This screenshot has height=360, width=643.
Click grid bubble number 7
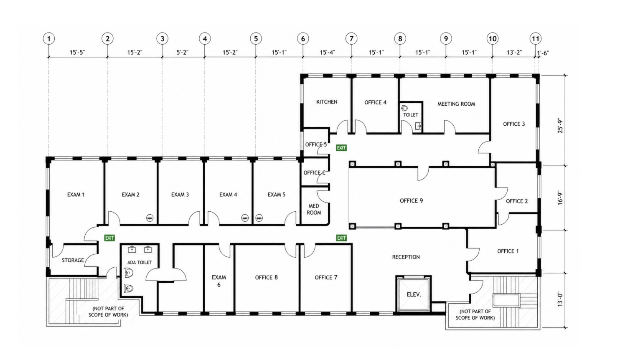click(x=351, y=38)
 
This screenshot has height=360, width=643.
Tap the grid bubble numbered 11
click(x=535, y=38)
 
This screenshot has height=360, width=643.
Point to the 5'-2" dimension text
click(x=182, y=52)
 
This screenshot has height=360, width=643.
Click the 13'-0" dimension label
click(x=560, y=299)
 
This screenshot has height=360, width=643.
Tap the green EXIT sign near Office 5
click(x=341, y=148)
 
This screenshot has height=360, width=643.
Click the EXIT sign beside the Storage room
click(x=109, y=238)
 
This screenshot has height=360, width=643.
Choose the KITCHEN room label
click(x=327, y=102)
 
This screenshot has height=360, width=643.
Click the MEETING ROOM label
click(x=456, y=104)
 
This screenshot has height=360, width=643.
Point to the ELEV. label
click(x=414, y=294)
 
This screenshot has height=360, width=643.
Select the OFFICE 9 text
click(x=412, y=201)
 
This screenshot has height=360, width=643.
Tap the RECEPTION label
click(x=406, y=257)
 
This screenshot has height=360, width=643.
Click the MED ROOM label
click(x=314, y=209)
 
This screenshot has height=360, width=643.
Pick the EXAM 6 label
click(x=219, y=281)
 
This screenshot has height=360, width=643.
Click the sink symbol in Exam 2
click(x=150, y=218)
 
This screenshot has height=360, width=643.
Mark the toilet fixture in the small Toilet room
click(x=405, y=108)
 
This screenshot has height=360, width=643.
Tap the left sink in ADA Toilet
click(x=132, y=250)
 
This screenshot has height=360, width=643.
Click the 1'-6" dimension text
click(x=543, y=53)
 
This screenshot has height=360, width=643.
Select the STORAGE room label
click(x=73, y=260)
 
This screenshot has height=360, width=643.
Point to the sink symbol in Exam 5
click(x=259, y=218)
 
